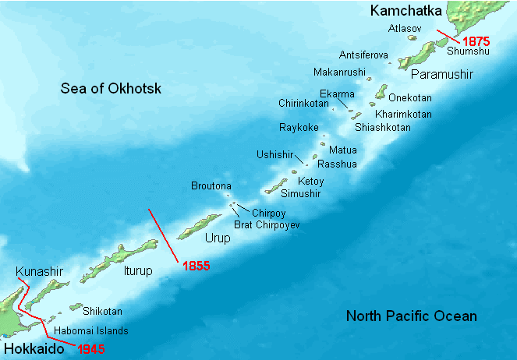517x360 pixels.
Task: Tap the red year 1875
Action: (x=475, y=40)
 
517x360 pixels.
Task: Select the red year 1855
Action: (x=197, y=266)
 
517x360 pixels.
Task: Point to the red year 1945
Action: (x=91, y=348)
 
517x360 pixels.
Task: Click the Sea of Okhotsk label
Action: (x=112, y=89)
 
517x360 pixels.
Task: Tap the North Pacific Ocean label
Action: (x=412, y=316)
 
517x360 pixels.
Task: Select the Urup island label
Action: (x=218, y=238)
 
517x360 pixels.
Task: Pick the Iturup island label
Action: (x=136, y=271)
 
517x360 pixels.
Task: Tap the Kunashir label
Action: (x=39, y=271)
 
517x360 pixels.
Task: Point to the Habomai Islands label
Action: (x=91, y=330)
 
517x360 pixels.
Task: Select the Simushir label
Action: (x=301, y=193)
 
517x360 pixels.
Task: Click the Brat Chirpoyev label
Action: (x=267, y=224)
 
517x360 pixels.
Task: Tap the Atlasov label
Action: (x=404, y=28)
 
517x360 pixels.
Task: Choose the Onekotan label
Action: (x=410, y=99)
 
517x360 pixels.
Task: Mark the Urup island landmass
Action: (x=200, y=227)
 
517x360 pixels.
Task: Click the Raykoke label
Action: (x=299, y=127)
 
